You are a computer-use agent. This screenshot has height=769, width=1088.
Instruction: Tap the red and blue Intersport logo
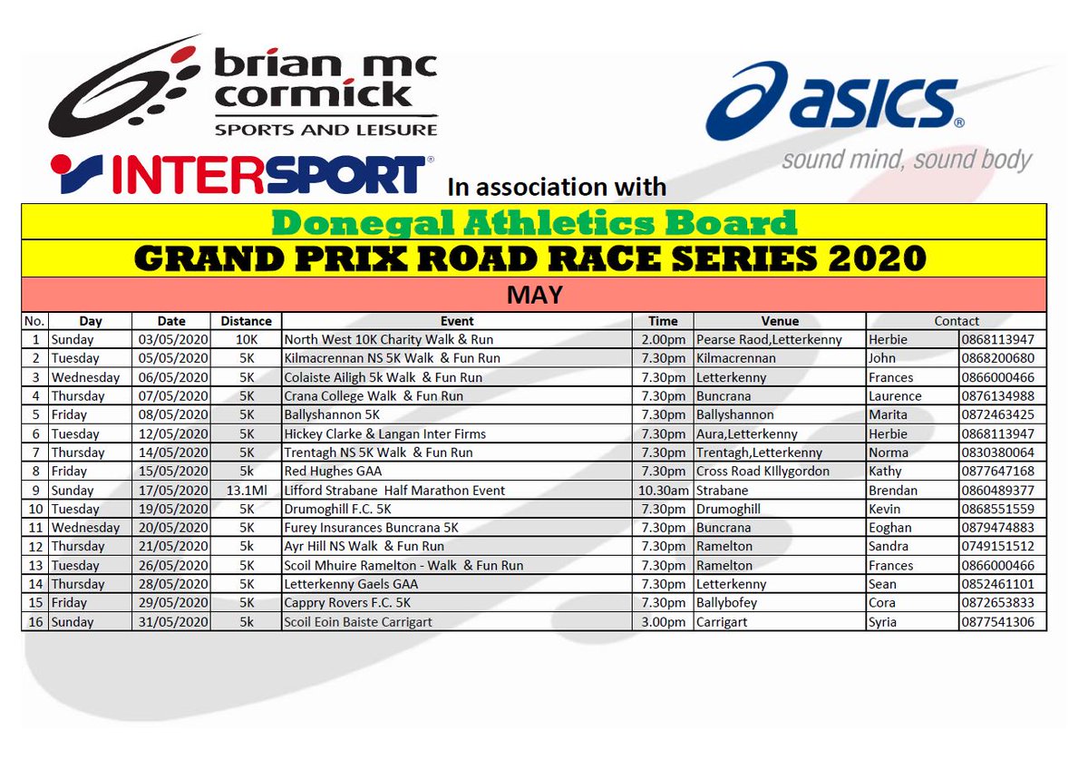tap(238, 174)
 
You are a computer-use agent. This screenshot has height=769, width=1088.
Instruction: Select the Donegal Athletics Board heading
tap(533, 222)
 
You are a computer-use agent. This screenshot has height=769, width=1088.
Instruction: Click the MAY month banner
tap(533, 295)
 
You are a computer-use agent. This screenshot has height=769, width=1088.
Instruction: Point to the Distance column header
tap(246, 321)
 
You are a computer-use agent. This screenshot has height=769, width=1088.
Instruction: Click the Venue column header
tap(780, 321)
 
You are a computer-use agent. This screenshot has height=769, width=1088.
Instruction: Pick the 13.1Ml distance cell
tap(246, 490)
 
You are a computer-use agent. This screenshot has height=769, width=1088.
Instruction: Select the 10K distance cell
tap(246, 339)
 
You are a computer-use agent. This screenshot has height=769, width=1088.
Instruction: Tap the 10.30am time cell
tap(663, 490)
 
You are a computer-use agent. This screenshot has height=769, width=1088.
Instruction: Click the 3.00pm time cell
tap(663, 622)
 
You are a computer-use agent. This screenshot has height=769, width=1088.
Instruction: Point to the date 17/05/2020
tap(171, 490)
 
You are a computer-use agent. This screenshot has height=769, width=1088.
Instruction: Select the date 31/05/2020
tap(171, 622)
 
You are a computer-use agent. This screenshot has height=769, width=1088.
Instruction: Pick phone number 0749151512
tap(1001, 547)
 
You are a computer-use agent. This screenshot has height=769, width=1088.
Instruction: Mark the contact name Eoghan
tap(890, 528)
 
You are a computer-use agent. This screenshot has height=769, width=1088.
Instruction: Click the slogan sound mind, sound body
tap(907, 161)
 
